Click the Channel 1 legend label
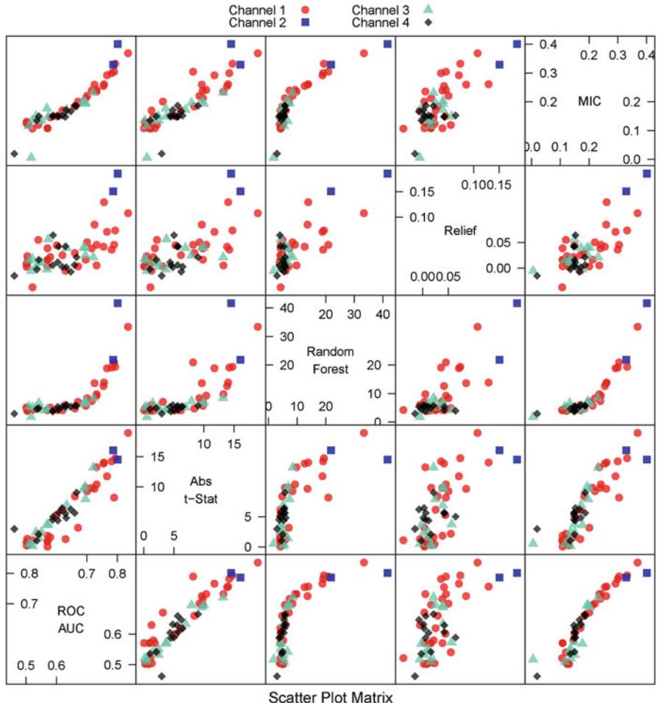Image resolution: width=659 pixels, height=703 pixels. [x=253, y=10]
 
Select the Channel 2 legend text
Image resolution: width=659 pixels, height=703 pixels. [x=253, y=23]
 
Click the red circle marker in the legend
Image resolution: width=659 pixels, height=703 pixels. [x=304, y=10]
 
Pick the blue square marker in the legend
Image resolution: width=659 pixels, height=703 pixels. [x=304, y=23]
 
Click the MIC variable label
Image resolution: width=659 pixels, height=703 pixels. [x=590, y=102]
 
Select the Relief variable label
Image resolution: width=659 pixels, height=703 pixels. [x=461, y=230]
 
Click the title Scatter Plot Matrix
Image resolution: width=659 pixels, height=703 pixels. [x=330, y=693]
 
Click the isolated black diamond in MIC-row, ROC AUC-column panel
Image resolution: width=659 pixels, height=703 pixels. [x=13, y=153]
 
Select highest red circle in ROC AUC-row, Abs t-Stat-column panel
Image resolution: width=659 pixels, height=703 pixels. [x=258, y=563]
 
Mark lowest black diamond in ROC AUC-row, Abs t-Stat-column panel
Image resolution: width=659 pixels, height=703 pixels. [x=161, y=676]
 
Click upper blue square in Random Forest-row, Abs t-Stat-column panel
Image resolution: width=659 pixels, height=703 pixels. [x=231, y=303]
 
